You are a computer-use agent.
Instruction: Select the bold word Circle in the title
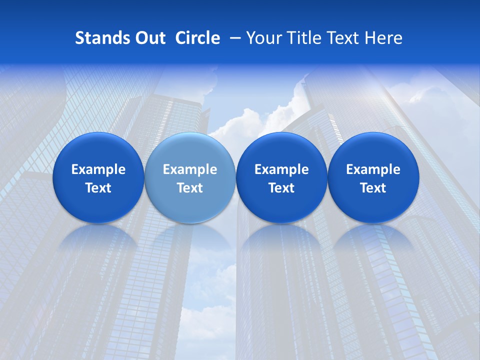[197, 38]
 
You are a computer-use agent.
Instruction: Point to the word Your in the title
[263, 38]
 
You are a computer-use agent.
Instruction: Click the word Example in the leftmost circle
[98, 169]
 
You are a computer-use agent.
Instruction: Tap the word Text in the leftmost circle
[98, 188]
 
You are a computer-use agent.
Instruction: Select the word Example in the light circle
[190, 169]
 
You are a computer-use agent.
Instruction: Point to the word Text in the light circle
[190, 188]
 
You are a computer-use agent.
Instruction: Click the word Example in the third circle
[281, 169]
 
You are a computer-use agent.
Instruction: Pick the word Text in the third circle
[281, 188]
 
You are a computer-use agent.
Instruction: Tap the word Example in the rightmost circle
[373, 169]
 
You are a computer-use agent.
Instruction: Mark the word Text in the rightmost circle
[373, 188]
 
